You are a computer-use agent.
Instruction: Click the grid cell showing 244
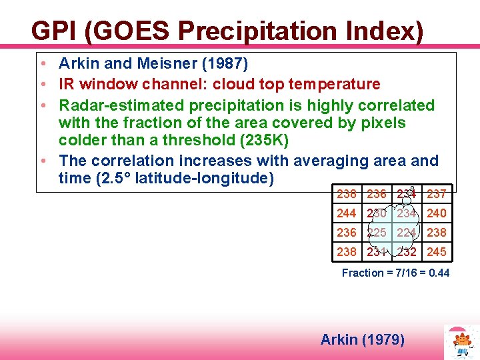[x=346, y=213]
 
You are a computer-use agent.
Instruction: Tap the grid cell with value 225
[x=377, y=233]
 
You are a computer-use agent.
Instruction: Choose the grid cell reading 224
[x=407, y=233]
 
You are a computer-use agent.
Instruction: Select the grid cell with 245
[x=437, y=252]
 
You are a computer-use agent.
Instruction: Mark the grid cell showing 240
[x=437, y=213]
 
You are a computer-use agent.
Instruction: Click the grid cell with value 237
[x=437, y=194]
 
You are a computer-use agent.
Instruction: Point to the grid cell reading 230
[x=377, y=213]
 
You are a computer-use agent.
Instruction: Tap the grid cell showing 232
[x=407, y=252]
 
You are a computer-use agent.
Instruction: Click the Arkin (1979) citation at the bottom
[x=362, y=340]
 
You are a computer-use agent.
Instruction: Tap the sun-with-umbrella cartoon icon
[x=461, y=342]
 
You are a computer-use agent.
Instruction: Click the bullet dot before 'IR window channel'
[x=42, y=85]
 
